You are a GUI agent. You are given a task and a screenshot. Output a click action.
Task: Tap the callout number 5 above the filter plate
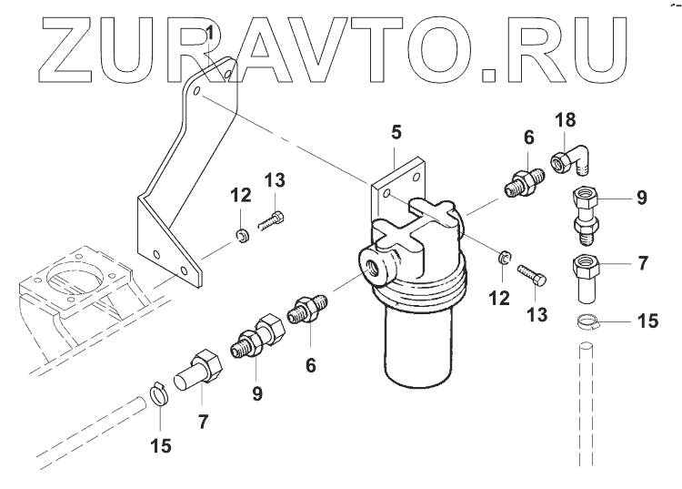(396, 133)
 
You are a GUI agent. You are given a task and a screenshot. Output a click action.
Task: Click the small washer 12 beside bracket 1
(241, 239)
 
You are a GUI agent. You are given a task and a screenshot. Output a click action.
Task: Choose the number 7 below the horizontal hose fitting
(203, 421)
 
